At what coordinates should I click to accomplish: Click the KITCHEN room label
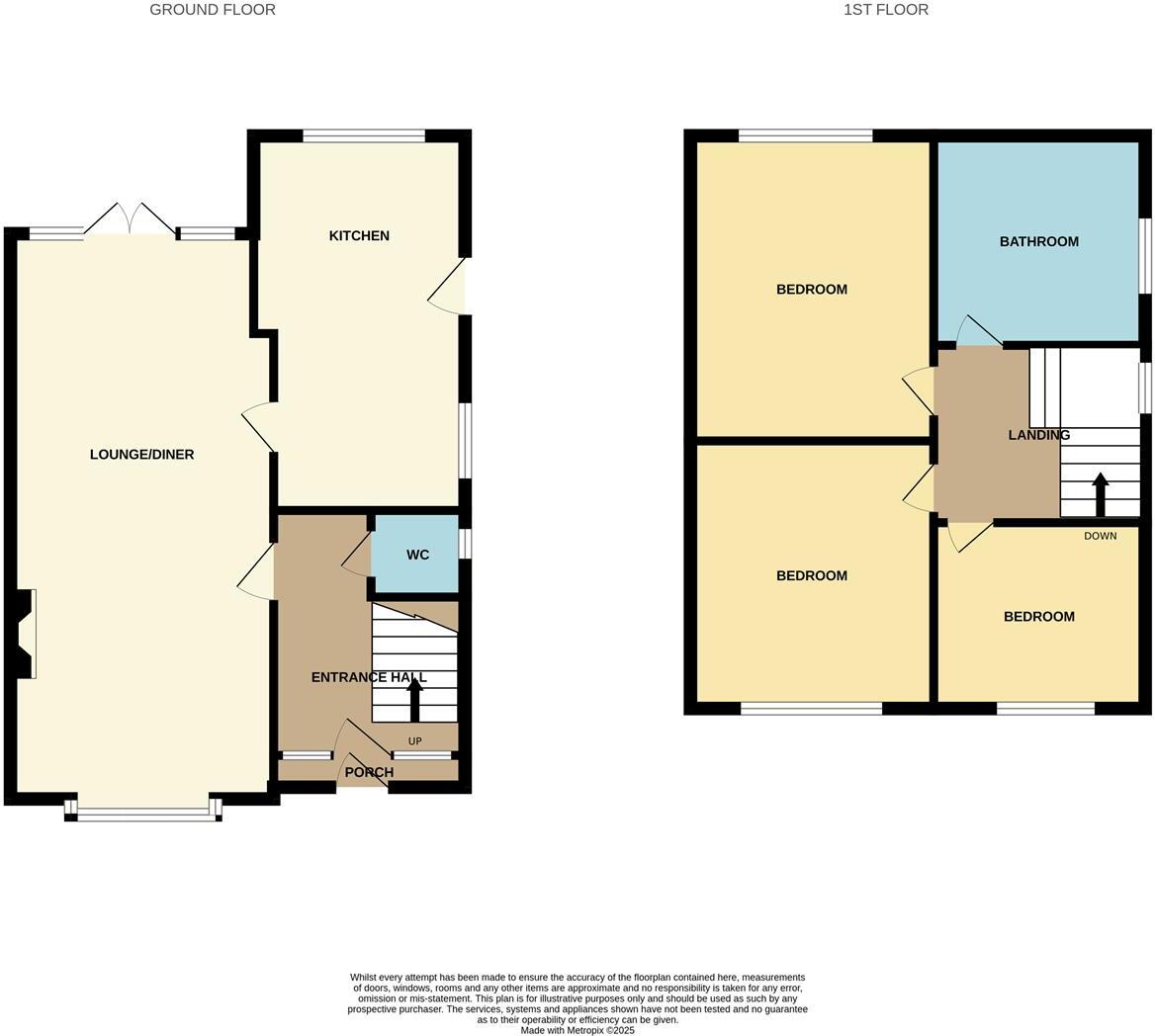[359, 235]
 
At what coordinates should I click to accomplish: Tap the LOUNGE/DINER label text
[141, 455]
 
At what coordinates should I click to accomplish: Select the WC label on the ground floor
[417, 555]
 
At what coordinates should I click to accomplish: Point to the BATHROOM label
[1038, 241]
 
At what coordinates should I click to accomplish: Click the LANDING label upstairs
[1038, 435]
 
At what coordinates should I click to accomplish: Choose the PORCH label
[369, 772]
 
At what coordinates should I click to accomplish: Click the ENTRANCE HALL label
[368, 677]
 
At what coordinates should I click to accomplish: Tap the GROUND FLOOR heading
[213, 10]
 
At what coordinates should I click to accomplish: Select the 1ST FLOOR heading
[885, 10]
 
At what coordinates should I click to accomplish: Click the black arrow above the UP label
[414, 699]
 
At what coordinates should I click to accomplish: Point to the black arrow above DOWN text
[1100, 494]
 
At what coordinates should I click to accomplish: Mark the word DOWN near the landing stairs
[1100, 536]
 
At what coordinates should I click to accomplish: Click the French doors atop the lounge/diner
[131, 219]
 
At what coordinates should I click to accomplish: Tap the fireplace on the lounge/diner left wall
[27, 634]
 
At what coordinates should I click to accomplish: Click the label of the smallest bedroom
[1038, 616]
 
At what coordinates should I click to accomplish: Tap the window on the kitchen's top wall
[364, 135]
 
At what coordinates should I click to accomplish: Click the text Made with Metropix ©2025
[577, 1030]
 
